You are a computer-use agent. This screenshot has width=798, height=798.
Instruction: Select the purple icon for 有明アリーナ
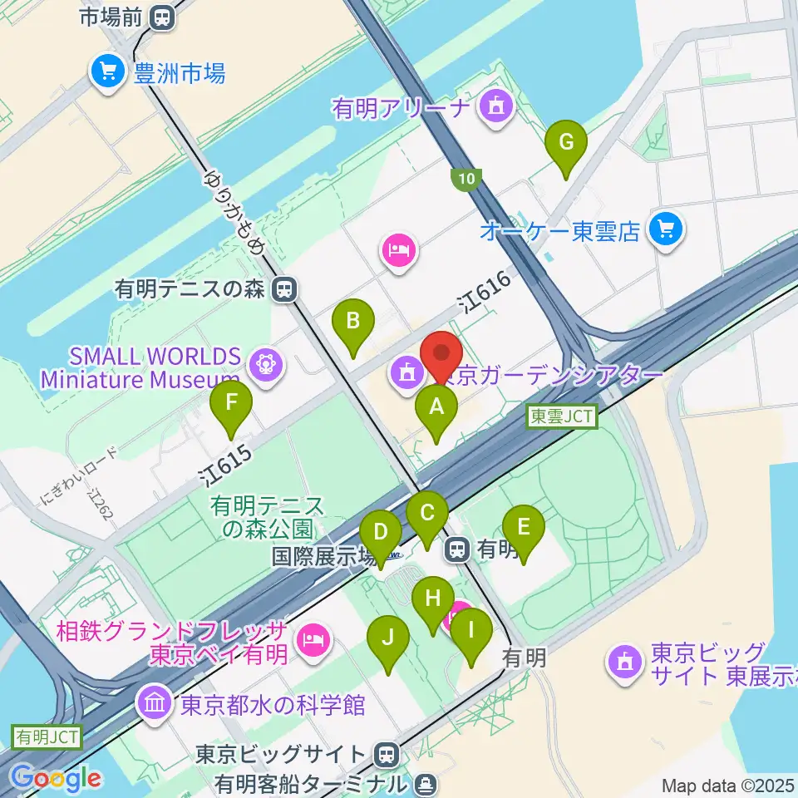(497, 106)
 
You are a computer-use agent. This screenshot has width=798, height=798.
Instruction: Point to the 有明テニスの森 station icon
(285, 289)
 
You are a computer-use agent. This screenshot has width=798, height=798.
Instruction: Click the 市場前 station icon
(163, 16)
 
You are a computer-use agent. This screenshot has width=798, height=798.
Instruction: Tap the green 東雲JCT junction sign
(563, 417)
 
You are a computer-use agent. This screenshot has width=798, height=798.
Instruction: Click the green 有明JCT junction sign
(46, 736)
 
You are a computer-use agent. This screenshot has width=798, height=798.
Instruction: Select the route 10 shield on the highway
(465, 178)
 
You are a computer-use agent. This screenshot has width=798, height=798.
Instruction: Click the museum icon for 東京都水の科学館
(155, 704)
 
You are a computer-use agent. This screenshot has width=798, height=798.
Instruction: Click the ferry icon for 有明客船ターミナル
(425, 783)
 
